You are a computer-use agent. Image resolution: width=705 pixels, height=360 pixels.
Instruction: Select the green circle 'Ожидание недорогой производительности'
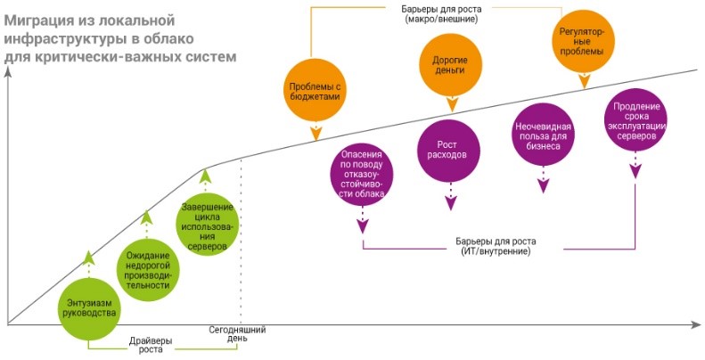147,266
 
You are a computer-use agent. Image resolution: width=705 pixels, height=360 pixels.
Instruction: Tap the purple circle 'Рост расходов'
451,149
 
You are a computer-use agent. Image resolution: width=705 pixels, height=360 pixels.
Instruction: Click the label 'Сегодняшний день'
237,335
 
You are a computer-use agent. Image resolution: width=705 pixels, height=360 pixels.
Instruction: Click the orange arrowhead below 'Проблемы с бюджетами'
316,135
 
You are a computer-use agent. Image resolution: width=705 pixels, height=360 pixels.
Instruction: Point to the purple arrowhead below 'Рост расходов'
451,204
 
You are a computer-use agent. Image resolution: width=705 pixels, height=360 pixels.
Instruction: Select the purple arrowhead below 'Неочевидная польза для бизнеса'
543,186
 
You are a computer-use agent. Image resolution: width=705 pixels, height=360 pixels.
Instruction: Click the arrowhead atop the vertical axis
7,72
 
